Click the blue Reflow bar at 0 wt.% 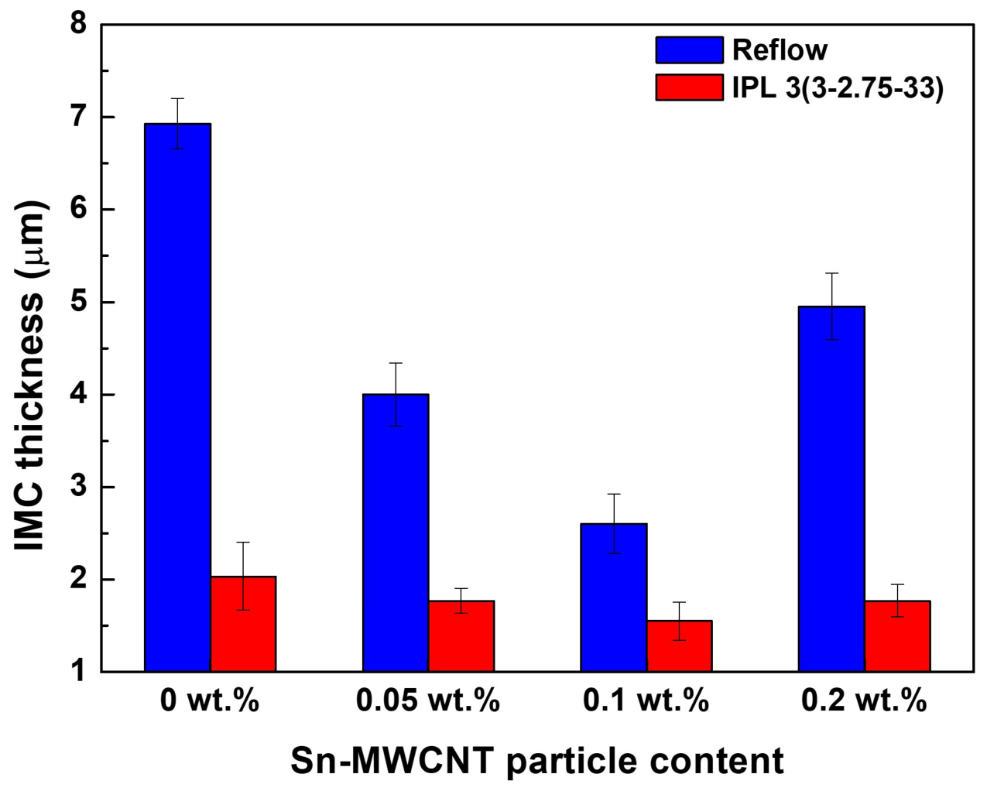pos(177,398)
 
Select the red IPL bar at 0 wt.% pos(243,624)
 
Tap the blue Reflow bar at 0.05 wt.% pos(396,532)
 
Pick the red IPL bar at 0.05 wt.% pos(461,636)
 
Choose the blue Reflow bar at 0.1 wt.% pos(614,598)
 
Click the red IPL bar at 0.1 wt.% pos(679,646)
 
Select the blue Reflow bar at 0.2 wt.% pos(831,489)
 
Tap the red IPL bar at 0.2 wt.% pos(897,636)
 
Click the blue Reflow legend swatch pos(689,50)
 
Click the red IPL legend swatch pos(689,87)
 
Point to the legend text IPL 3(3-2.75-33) pos(838,87)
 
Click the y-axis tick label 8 pos(78,24)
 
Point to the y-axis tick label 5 pos(78,303)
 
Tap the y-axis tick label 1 pos(78,673)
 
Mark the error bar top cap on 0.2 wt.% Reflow pos(831,273)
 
